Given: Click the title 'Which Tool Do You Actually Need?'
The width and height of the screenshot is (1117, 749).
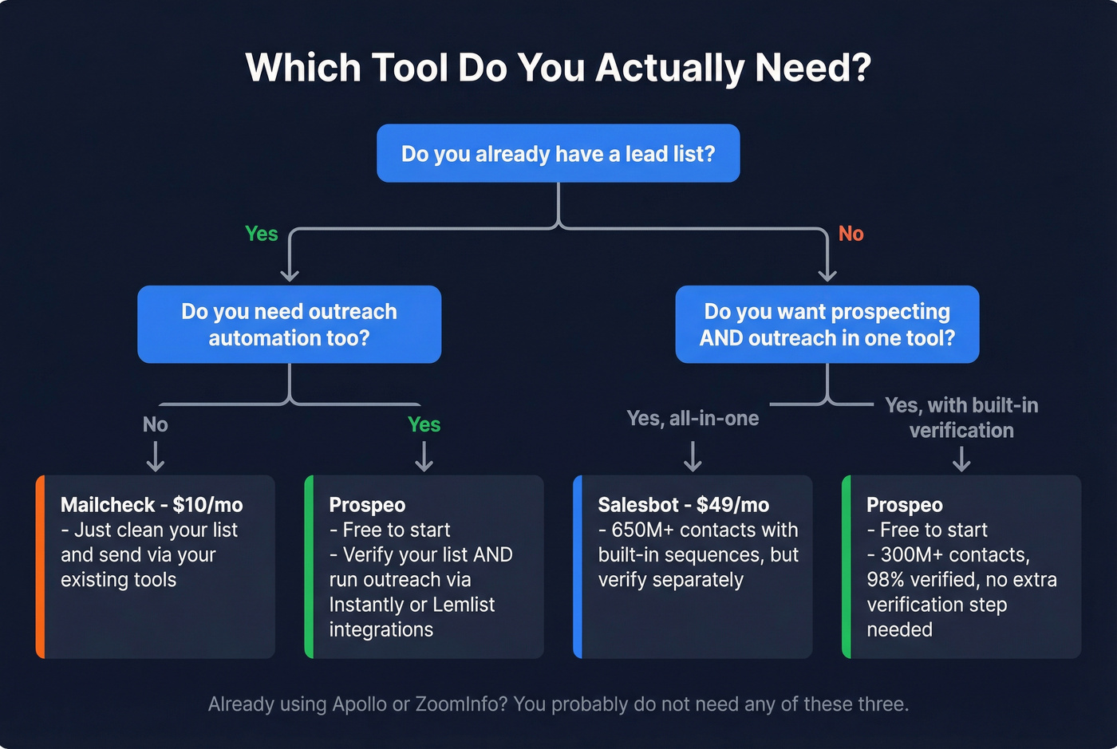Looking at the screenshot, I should pyautogui.click(x=558, y=68).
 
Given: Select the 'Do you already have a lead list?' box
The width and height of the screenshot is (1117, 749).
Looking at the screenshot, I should pyautogui.click(x=558, y=153).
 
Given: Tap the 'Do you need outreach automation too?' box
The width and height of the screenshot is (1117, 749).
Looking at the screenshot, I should pyautogui.click(x=289, y=325).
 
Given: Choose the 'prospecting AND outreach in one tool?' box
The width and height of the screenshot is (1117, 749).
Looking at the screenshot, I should pyautogui.click(x=827, y=325).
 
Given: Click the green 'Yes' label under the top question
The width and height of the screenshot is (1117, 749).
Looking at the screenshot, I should pyautogui.click(x=261, y=234).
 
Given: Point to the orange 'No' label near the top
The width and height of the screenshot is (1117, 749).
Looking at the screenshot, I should pyautogui.click(x=851, y=234).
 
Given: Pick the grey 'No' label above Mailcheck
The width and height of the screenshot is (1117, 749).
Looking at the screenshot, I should pyautogui.click(x=155, y=424).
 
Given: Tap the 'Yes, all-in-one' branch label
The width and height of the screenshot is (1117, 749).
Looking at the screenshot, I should pyautogui.click(x=693, y=418).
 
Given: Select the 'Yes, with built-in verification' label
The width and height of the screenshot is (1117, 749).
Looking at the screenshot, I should pyautogui.click(x=961, y=417).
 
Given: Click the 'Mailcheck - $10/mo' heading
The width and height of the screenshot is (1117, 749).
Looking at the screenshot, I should pyautogui.click(x=152, y=505).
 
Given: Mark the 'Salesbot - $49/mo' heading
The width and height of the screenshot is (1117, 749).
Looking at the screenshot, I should pyautogui.click(x=684, y=505).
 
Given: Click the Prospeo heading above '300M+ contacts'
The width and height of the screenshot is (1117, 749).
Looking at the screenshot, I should pyautogui.click(x=905, y=505).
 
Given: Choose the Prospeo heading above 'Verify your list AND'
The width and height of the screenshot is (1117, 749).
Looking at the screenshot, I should pyautogui.click(x=367, y=505).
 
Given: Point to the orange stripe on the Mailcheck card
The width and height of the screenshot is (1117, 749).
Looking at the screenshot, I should pyautogui.click(x=40, y=566).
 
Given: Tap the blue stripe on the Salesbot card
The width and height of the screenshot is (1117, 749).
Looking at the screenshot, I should pyautogui.click(x=578, y=566).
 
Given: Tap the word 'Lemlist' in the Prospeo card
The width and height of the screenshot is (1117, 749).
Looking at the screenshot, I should pyautogui.click(x=464, y=605).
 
